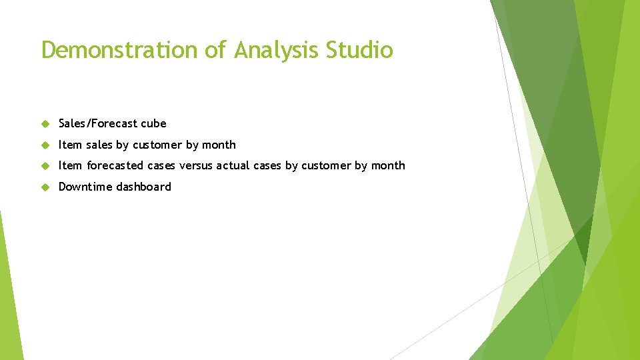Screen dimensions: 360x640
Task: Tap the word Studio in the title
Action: (x=360, y=50)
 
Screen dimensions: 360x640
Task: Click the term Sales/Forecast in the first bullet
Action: (x=98, y=123)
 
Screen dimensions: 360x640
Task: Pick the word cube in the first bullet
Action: (x=153, y=123)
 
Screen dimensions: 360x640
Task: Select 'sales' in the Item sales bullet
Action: (x=99, y=145)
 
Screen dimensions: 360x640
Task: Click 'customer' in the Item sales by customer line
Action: (x=157, y=145)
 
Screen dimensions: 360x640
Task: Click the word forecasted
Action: (x=115, y=165)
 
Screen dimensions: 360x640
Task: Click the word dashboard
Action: (x=143, y=187)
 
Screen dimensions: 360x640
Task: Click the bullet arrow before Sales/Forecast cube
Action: (x=45, y=123)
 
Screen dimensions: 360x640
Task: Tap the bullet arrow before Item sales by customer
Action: (x=45, y=145)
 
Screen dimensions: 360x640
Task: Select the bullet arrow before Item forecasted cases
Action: (x=45, y=166)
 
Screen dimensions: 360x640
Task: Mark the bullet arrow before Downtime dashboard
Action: (x=45, y=187)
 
